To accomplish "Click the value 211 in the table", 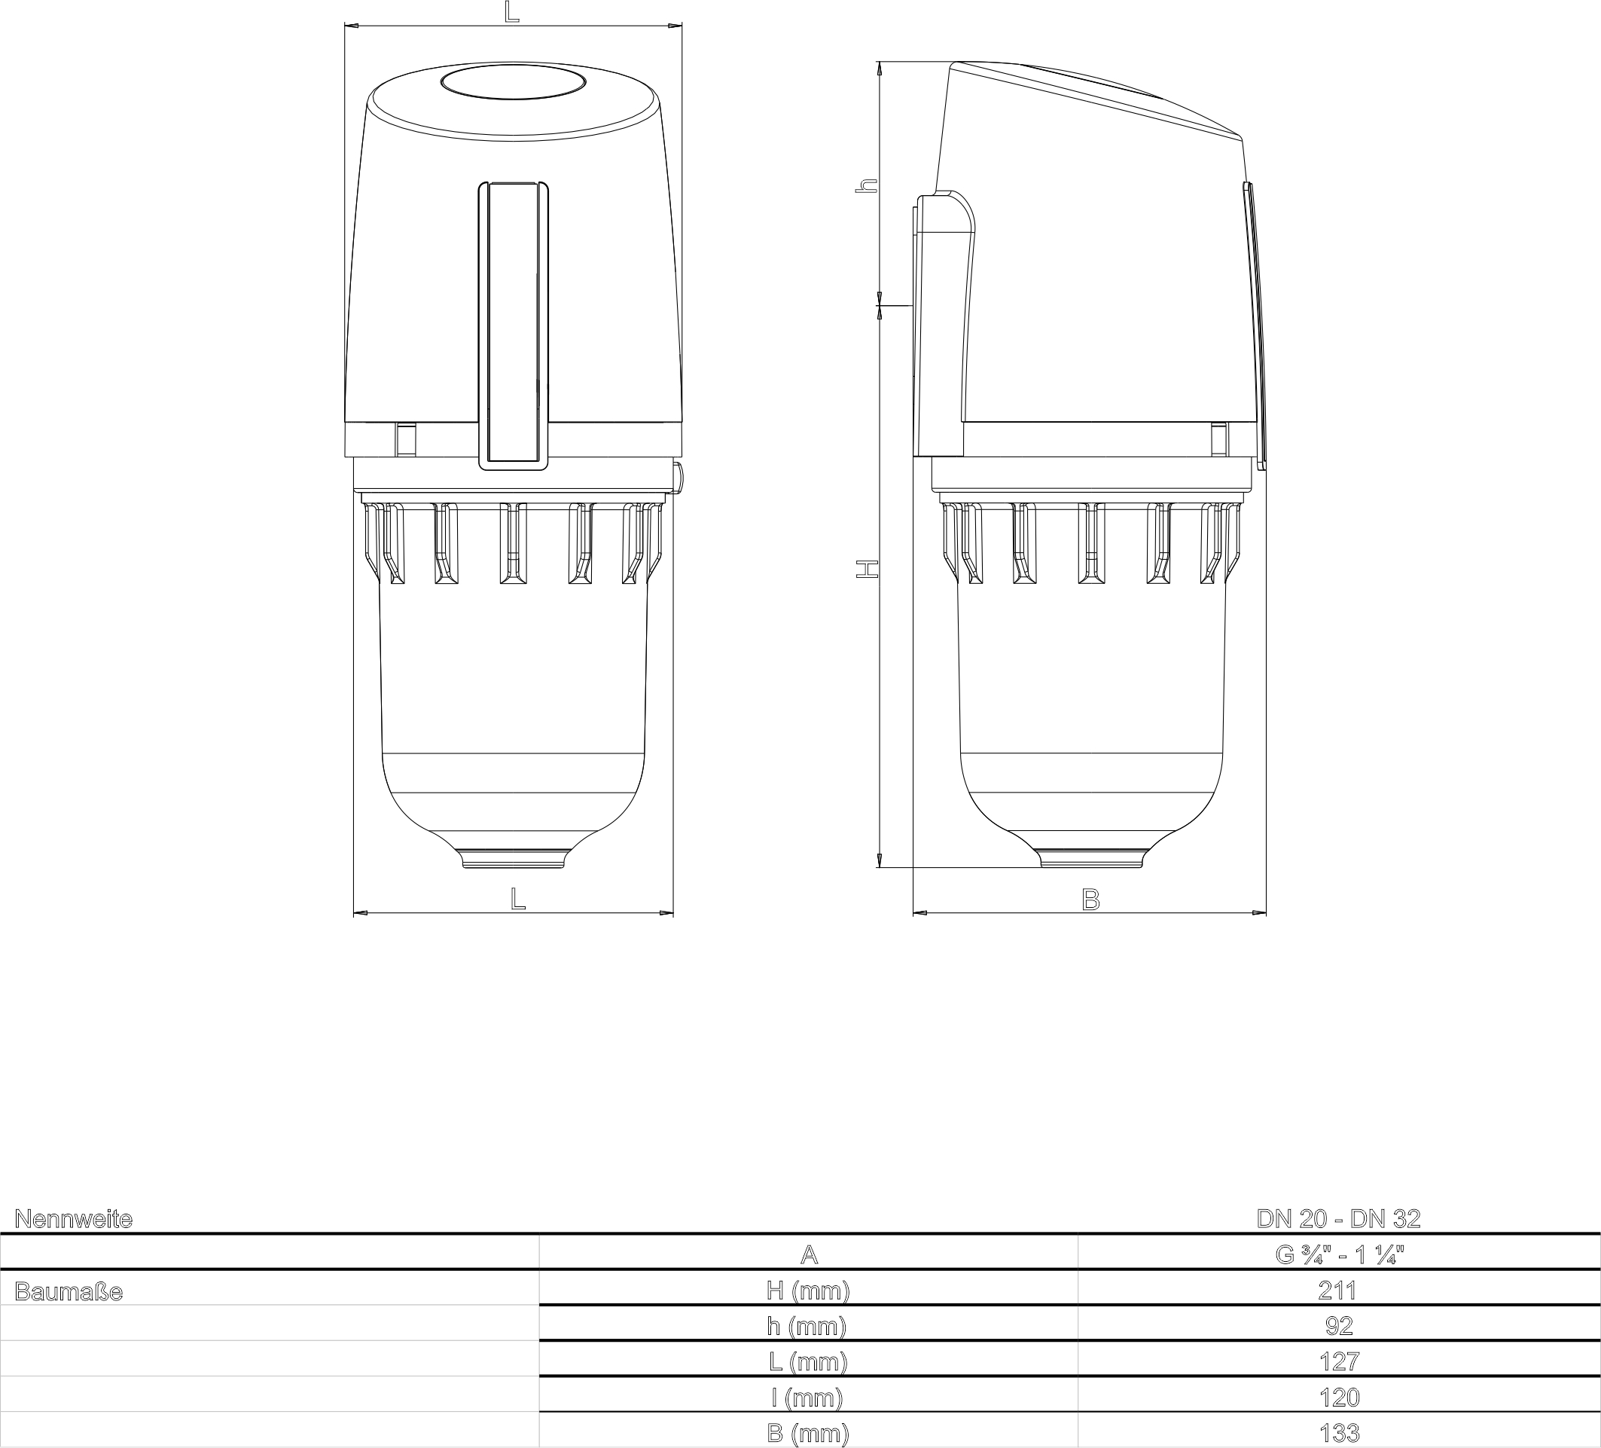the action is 1337,1291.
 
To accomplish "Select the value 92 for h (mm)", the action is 1339,1326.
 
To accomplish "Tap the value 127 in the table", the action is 1339,1361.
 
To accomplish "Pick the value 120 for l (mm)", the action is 1339,1398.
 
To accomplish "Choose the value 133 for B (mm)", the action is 1339,1433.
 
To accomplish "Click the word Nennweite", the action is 74,1219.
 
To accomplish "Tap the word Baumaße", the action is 69,1291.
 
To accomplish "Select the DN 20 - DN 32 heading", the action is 1339,1218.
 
